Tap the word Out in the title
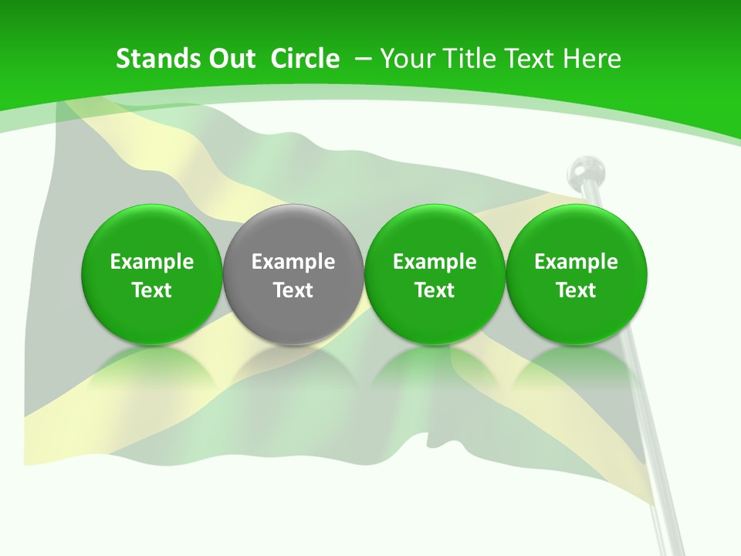pyautogui.click(x=229, y=59)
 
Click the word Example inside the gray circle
pyautogui.click(x=293, y=262)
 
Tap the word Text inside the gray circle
pyautogui.click(x=293, y=290)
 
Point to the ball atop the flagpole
pyautogui.click(x=587, y=170)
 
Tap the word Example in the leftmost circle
pyautogui.click(x=152, y=262)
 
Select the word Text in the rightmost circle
pyautogui.click(x=576, y=290)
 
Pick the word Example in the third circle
pyautogui.click(x=435, y=262)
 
